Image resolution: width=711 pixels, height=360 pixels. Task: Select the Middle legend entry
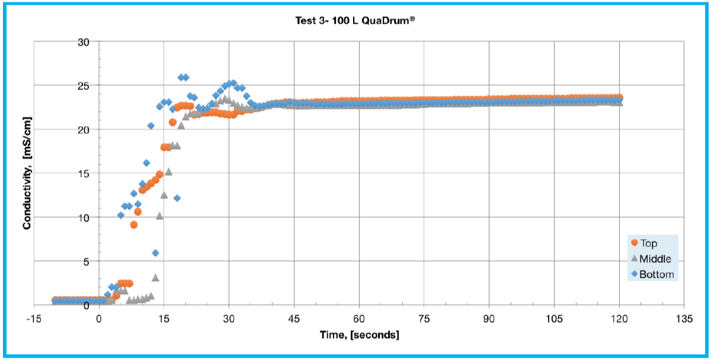click(655, 259)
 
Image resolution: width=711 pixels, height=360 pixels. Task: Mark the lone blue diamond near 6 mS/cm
click(155, 253)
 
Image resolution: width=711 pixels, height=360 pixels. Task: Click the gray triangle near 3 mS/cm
click(155, 277)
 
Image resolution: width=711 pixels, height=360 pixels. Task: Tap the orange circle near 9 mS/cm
click(134, 224)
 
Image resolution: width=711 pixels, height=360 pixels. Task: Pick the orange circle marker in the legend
click(635, 243)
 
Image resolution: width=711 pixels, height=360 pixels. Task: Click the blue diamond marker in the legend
click(635, 275)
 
